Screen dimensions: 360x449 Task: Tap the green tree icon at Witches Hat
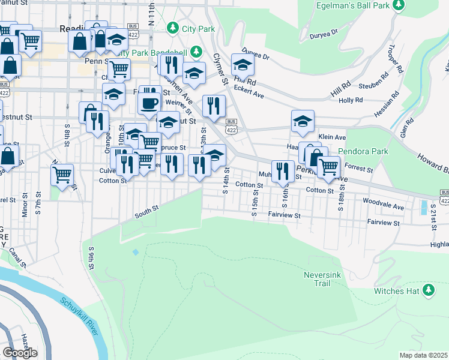[428, 290]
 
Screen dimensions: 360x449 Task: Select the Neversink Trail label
[322, 278]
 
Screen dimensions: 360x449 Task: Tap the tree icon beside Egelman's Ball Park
[397, 5]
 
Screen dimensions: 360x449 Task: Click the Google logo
[20, 352]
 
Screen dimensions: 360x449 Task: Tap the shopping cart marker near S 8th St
[62, 175]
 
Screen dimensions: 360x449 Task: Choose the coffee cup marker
[148, 103]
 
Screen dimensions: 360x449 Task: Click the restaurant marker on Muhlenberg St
[283, 172]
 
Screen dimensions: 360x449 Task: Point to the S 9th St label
[92, 257]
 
